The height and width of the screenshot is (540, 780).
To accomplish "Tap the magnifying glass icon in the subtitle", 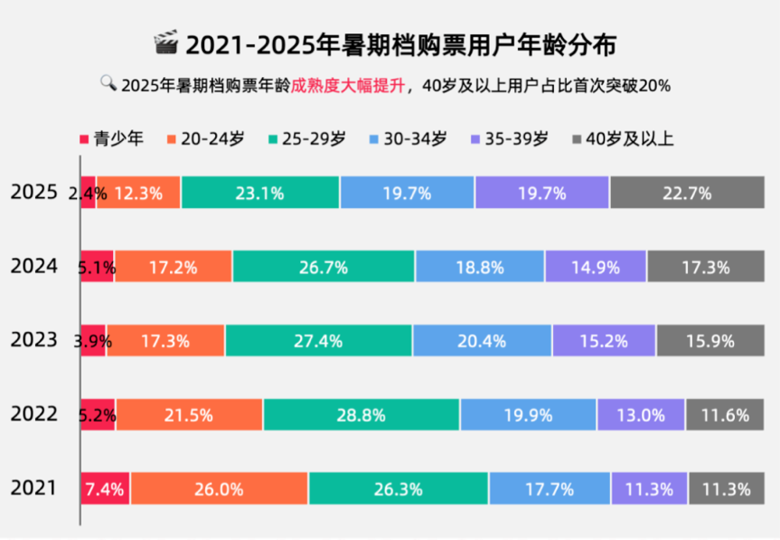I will click(108, 83).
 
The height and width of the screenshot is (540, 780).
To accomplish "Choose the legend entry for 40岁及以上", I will click(622, 138).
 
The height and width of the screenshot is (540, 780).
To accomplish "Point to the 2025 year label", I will click(34, 193).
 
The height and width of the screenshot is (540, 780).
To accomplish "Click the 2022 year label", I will click(34, 414).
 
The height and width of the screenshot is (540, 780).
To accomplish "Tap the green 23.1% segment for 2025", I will click(260, 193).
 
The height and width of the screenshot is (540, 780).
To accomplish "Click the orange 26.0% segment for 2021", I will click(219, 489).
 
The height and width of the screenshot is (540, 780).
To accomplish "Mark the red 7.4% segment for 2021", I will click(106, 489).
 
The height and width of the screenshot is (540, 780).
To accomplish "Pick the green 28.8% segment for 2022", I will click(362, 415).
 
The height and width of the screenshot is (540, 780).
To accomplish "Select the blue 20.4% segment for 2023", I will click(482, 341).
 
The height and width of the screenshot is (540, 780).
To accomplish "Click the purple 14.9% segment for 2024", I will click(595, 267).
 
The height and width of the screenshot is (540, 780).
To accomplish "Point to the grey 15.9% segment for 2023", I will click(701, 341).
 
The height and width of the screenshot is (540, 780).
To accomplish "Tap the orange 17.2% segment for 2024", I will click(173, 267).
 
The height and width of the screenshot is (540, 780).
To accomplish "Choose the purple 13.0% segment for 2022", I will click(641, 415).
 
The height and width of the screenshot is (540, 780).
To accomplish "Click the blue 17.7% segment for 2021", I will click(550, 489).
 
